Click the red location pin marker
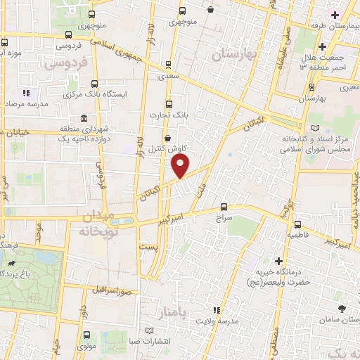click(181, 166)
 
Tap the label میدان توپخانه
click(94, 222)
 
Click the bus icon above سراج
click(224, 207)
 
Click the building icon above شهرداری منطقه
click(84, 117)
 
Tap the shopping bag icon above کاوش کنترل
click(167, 138)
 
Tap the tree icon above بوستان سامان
click(341, 309)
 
